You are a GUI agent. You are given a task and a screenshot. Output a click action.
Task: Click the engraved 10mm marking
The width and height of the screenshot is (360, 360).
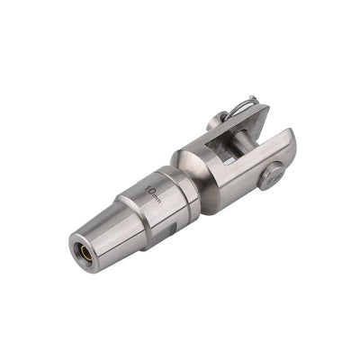tap(153, 193)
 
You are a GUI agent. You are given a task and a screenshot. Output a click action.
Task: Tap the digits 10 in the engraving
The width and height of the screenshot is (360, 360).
tap(150, 189)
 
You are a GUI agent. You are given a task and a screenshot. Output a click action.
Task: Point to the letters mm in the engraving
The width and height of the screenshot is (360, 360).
tap(157, 197)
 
